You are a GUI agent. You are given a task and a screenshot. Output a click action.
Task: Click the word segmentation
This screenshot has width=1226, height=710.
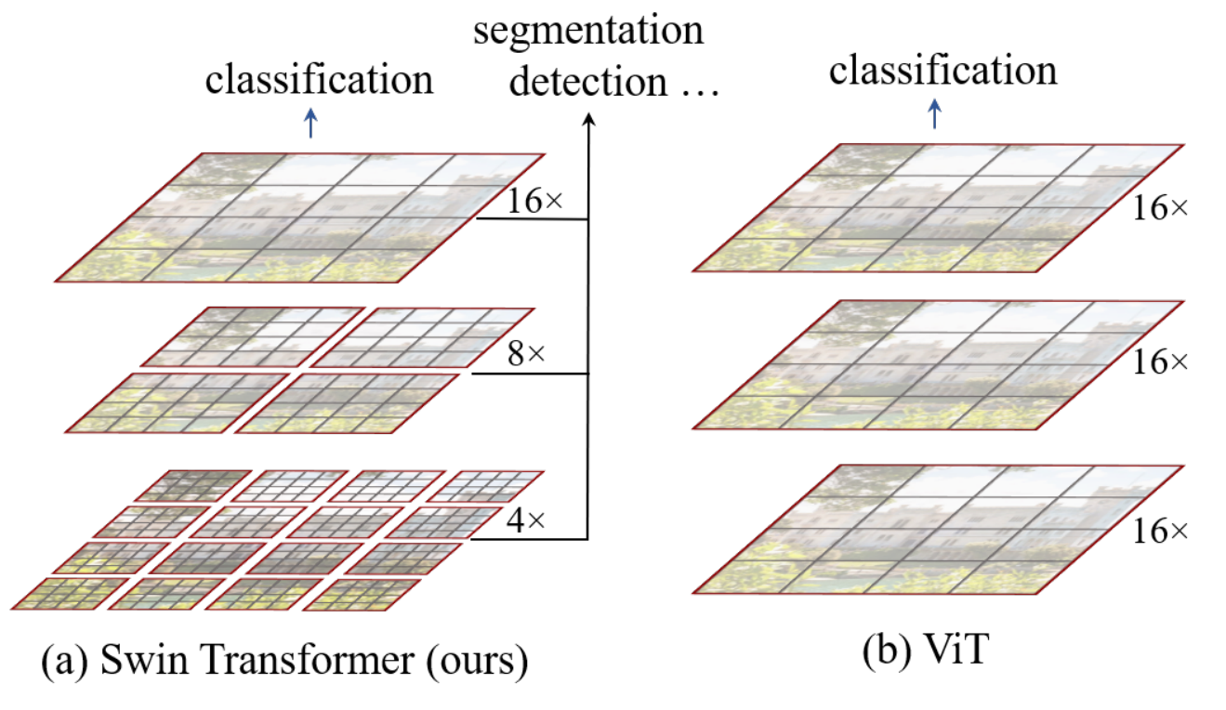pyautogui.click(x=588, y=32)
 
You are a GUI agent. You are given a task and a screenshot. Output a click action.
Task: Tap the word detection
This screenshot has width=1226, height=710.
pyautogui.click(x=588, y=81)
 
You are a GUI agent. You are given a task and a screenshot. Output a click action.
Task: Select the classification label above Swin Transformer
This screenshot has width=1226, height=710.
pyautogui.click(x=319, y=79)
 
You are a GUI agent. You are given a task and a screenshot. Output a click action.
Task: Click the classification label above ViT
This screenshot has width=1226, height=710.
pyautogui.click(x=943, y=70)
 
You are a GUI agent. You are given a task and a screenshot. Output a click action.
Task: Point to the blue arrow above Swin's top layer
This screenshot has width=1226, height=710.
pyautogui.click(x=310, y=123)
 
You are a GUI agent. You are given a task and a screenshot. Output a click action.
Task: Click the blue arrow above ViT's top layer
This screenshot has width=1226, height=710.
pyautogui.click(x=935, y=114)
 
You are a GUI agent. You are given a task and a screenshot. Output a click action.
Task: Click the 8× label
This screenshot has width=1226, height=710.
pyautogui.click(x=526, y=354)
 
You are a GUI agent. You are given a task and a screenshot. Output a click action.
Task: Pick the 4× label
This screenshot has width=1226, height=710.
pyautogui.click(x=526, y=520)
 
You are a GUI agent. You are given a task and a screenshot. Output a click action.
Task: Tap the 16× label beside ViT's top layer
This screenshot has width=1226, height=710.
pyautogui.click(x=1160, y=208)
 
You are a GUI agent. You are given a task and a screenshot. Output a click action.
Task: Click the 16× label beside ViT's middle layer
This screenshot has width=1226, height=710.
pyautogui.click(x=1160, y=362)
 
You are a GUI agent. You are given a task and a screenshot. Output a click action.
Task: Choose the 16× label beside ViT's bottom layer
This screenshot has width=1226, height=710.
pyautogui.click(x=1160, y=531)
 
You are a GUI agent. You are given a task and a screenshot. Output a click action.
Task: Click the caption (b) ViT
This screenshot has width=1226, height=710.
pyautogui.click(x=926, y=650)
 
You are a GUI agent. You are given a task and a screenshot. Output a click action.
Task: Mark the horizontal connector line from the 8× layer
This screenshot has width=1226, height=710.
pyautogui.click(x=530, y=374)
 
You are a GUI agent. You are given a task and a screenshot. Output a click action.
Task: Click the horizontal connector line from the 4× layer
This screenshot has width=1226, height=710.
pyautogui.click(x=529, y=540)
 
